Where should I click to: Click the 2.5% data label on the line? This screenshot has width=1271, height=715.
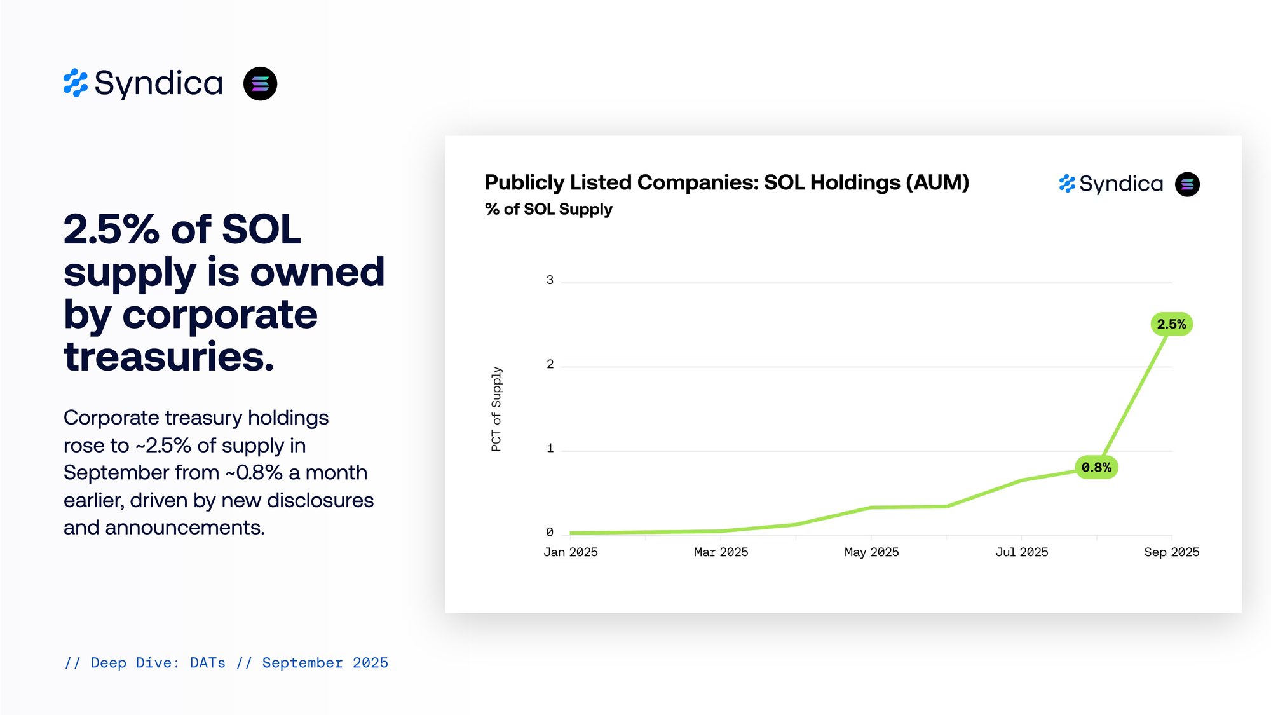tap(1171, 324)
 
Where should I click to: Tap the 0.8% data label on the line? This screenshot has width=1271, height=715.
tap(1096, 468)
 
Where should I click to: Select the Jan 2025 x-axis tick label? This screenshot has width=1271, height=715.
tap(570, 552)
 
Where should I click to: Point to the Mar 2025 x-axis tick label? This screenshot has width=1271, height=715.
tap(721, 552)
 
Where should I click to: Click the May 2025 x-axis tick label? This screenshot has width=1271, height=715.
tap(871, 552)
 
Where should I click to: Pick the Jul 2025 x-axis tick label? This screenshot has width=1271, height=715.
tap(1021, 552)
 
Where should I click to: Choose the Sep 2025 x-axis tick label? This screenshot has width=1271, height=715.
tap(1171, 552)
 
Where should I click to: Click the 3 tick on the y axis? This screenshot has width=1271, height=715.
tap(550, 280)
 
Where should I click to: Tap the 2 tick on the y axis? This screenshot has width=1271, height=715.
tap(550, 364)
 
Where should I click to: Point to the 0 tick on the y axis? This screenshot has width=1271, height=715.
tap(550, 533)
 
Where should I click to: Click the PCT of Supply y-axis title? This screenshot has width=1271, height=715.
tap(496, 409)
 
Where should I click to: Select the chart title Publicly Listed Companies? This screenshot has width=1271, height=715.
tap(726, 183)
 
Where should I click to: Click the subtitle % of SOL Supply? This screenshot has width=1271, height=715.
tap(548, 209)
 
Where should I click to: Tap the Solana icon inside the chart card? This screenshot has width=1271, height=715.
tap(1187, 184)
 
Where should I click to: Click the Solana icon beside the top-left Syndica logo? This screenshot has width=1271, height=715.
tap(260, 84)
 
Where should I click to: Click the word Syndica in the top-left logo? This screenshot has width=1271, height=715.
tap(158, 84)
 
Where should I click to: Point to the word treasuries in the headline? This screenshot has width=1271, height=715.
tap(169, 357)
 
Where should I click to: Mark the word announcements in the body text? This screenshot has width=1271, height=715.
tap(184, 528)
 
